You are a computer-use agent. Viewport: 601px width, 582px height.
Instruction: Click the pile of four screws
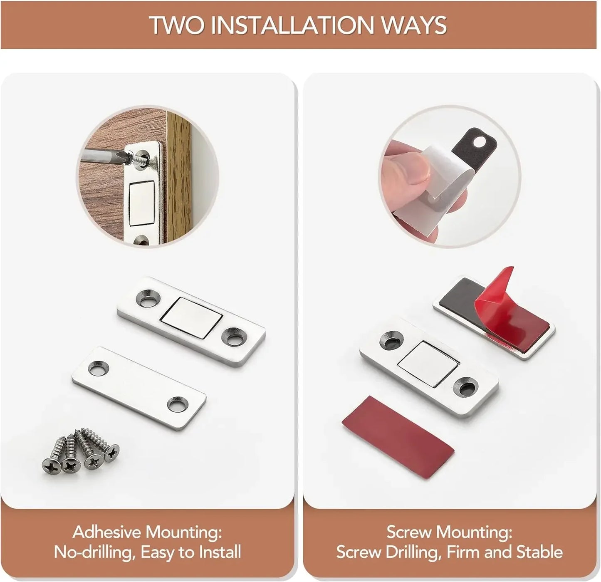coord(81,451)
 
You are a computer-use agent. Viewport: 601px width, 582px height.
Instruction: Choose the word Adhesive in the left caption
coord(107,532)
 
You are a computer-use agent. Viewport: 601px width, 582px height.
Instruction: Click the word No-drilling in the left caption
coord(94,552)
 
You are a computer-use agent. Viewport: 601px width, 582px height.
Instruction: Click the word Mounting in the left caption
coord(185,532)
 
